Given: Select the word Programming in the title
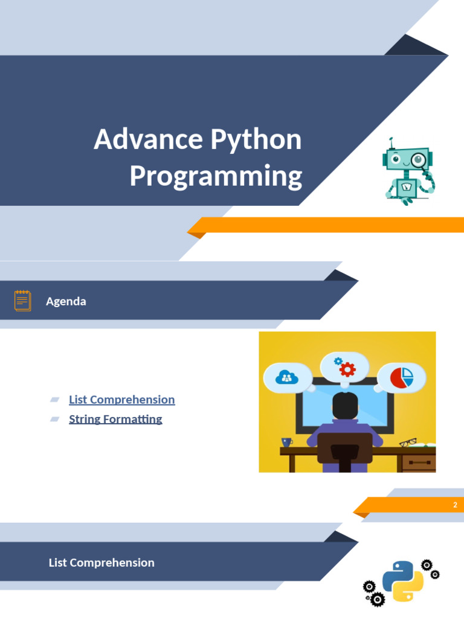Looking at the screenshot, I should (x=216, y=176).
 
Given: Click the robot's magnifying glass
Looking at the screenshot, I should (x=419, y=161).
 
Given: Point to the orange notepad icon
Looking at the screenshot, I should (x=23, y=300).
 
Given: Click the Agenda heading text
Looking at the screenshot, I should (x=66, y=301).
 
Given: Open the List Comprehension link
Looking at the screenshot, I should (x=121, y=400).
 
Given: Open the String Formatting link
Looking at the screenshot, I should (x=115, y=419).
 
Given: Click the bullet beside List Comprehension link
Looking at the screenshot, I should (x=55, y=400).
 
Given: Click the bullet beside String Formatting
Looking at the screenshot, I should (x=55, y=419).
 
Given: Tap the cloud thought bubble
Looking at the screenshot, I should (x=288, y=378).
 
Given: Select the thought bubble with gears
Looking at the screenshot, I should (x=344, y=367).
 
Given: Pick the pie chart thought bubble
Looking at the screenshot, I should (x=401, y=378).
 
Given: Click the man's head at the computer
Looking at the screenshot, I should (x=345, y=406).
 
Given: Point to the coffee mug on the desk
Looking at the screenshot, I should (x=287, y=442).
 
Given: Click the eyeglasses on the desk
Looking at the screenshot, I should (x=408, y=442).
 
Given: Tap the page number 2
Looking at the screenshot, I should (x=455, y=505).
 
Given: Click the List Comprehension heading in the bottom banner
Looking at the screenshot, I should (x=101, y=562).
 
